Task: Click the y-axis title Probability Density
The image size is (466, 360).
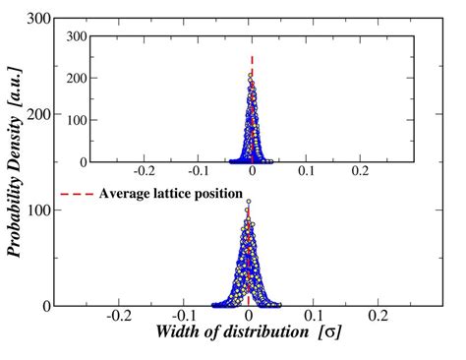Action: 17,172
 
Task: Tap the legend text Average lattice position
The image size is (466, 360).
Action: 171,193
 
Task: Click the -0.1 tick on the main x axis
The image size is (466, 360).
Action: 184,317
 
